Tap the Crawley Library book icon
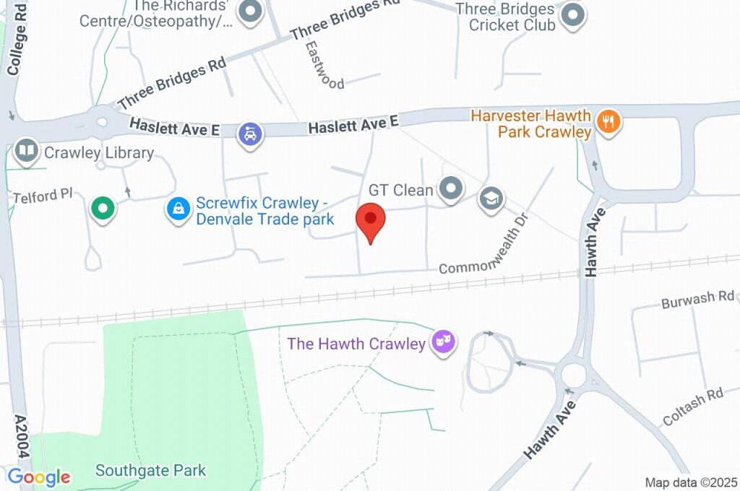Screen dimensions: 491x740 click(27, 152)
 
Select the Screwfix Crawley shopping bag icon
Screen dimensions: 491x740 click(177, 209)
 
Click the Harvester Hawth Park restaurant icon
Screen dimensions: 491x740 click(609, 121)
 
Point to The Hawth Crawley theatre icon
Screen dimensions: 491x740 click(444, 342)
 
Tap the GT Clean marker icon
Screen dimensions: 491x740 click(452, 189)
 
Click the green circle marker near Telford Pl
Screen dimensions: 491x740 click(103, 209)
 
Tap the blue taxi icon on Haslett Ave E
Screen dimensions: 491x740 click(251, 133)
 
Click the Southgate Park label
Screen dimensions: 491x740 click(150, 471)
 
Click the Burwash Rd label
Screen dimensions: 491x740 click(697, 299)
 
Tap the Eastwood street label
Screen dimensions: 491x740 click(324, 64)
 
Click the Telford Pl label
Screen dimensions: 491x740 click(43, 197)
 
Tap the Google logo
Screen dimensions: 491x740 click(39, 477)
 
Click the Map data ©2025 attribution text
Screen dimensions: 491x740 click(690, 482)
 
